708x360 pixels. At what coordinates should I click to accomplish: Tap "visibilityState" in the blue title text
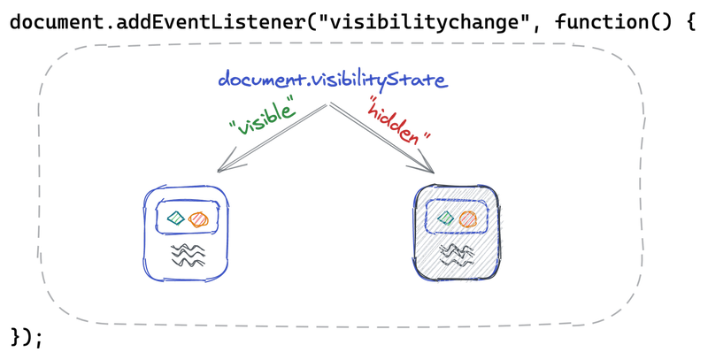372,81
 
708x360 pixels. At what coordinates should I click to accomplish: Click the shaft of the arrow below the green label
279,133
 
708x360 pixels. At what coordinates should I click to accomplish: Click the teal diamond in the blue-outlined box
177,218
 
